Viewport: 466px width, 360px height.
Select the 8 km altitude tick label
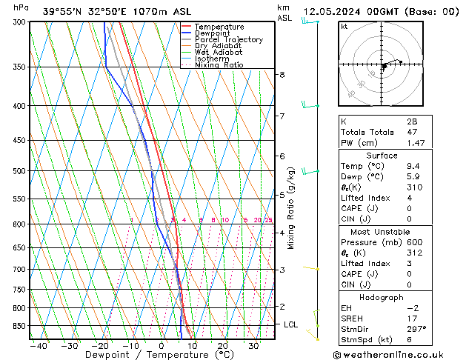pyautogui.click(x=282, y=75)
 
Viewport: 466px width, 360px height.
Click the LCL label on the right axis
pyautogui.click(x=291, y=324)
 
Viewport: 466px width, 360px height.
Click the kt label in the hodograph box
pyautogui.click(x=344, y=27)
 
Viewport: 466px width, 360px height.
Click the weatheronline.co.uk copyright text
pyautogui.click(x=398, y=354)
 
